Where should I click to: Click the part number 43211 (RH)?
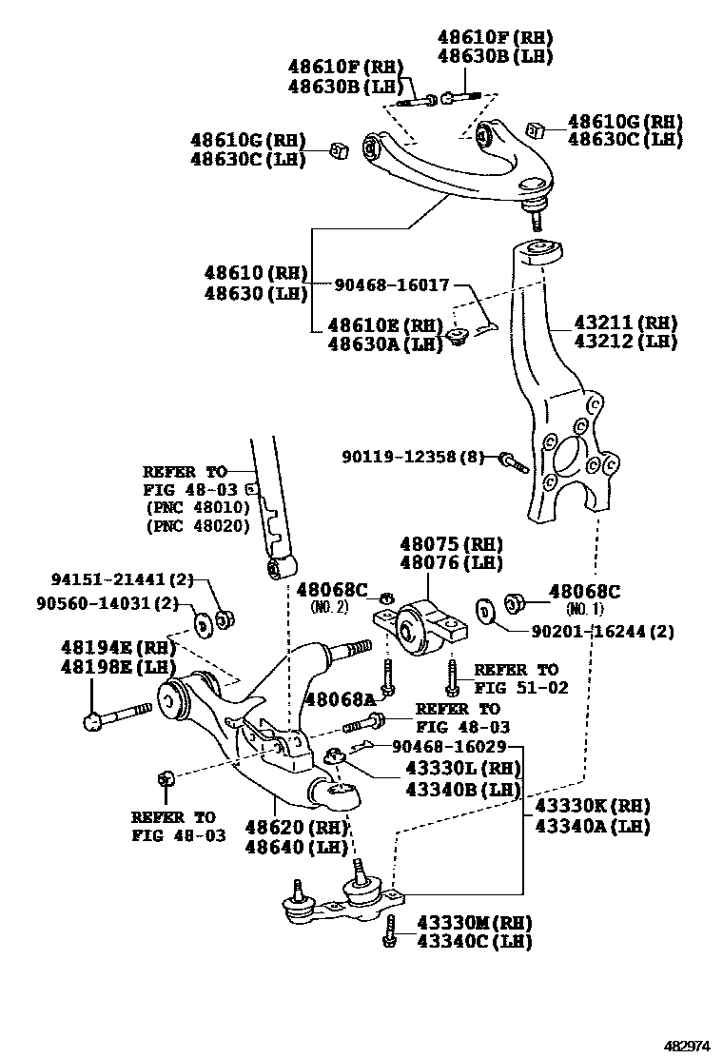click(626, 322)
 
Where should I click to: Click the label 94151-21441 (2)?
click(123, 579)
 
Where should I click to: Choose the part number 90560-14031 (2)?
click(107, 602)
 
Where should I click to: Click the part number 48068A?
click(341, 700)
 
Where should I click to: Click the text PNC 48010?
click(198, 507)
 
